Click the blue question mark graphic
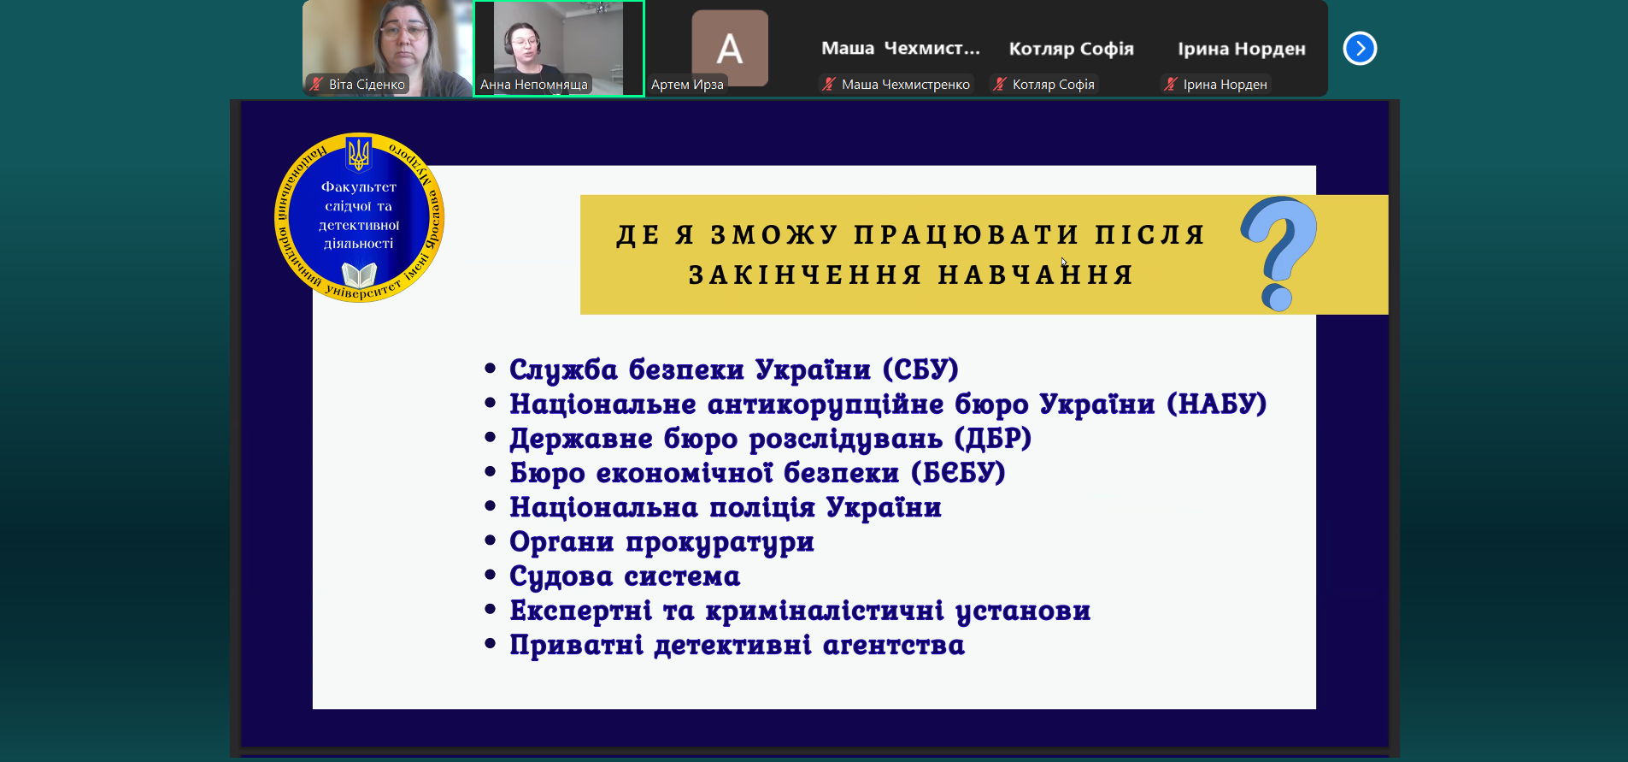pos(1279,253)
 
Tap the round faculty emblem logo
pos(359,217)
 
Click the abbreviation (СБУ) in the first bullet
pos(920,369)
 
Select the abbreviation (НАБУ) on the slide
pos(1217,404)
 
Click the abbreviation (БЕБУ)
pos(958,473)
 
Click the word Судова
pos(561,576)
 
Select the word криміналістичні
pos(825,611)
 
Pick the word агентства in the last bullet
pos(894,646)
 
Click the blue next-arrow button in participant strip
pos(1360,49)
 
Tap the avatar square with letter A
pos(729,48)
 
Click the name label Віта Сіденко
pos(367,85)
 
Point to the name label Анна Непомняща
pos(534,85)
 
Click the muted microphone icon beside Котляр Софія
pos(999,84)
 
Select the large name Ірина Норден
pos(1242,49)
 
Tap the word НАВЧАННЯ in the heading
pos(1036,275)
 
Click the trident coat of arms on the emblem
pos(359,155)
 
